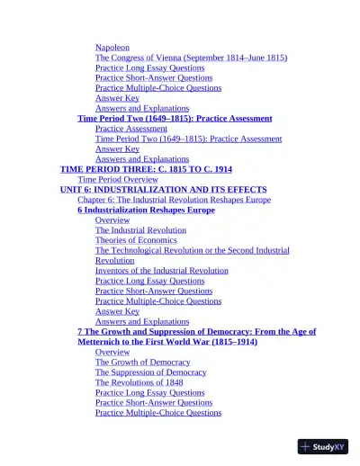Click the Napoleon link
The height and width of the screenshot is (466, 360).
pyautogui.click(x=112, y=47)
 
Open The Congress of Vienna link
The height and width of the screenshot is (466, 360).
pyautogui.click(x=191, y=58)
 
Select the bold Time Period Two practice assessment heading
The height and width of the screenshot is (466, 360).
pyautogui.click(x=175, y=118)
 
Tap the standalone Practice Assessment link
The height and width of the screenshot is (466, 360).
pyautogui.click(x=131, y=129)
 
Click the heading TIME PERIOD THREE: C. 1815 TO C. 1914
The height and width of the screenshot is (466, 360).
pyautogui.click(x=146, y=169)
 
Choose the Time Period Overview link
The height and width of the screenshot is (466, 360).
pyautogui.click(x=118, y=179)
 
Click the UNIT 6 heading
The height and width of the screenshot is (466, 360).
pyautogui.click(x=163, y=190)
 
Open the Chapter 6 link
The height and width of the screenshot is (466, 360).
pyautogui.click(x=174, y=200)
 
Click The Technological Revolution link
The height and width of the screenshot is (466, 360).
pyautogui.click(x=192, y=250)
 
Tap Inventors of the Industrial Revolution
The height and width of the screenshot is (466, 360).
pyautogui.click(x=161, y=270)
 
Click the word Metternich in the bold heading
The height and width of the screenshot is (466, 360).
pyautogui.click(x=105, y=342)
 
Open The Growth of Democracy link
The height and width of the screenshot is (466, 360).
pyautogui.click(x=142, y=363)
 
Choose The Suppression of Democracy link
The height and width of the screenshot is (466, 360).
pyautogui.click(x=150, y=372)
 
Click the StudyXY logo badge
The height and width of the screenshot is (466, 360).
pyautogui.click(x=323, y=446)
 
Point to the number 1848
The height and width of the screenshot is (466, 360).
pyautogui.click(x=169, y=382)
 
